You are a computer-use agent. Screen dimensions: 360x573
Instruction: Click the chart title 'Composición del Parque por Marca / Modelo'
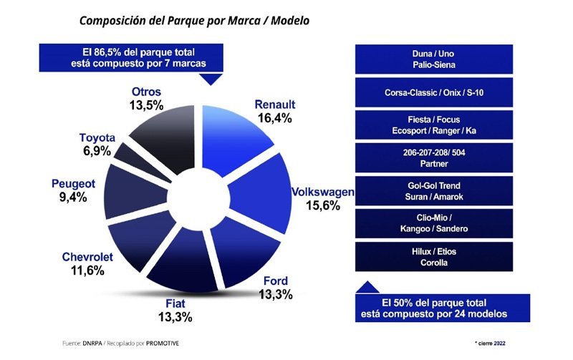click(194, 21)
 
